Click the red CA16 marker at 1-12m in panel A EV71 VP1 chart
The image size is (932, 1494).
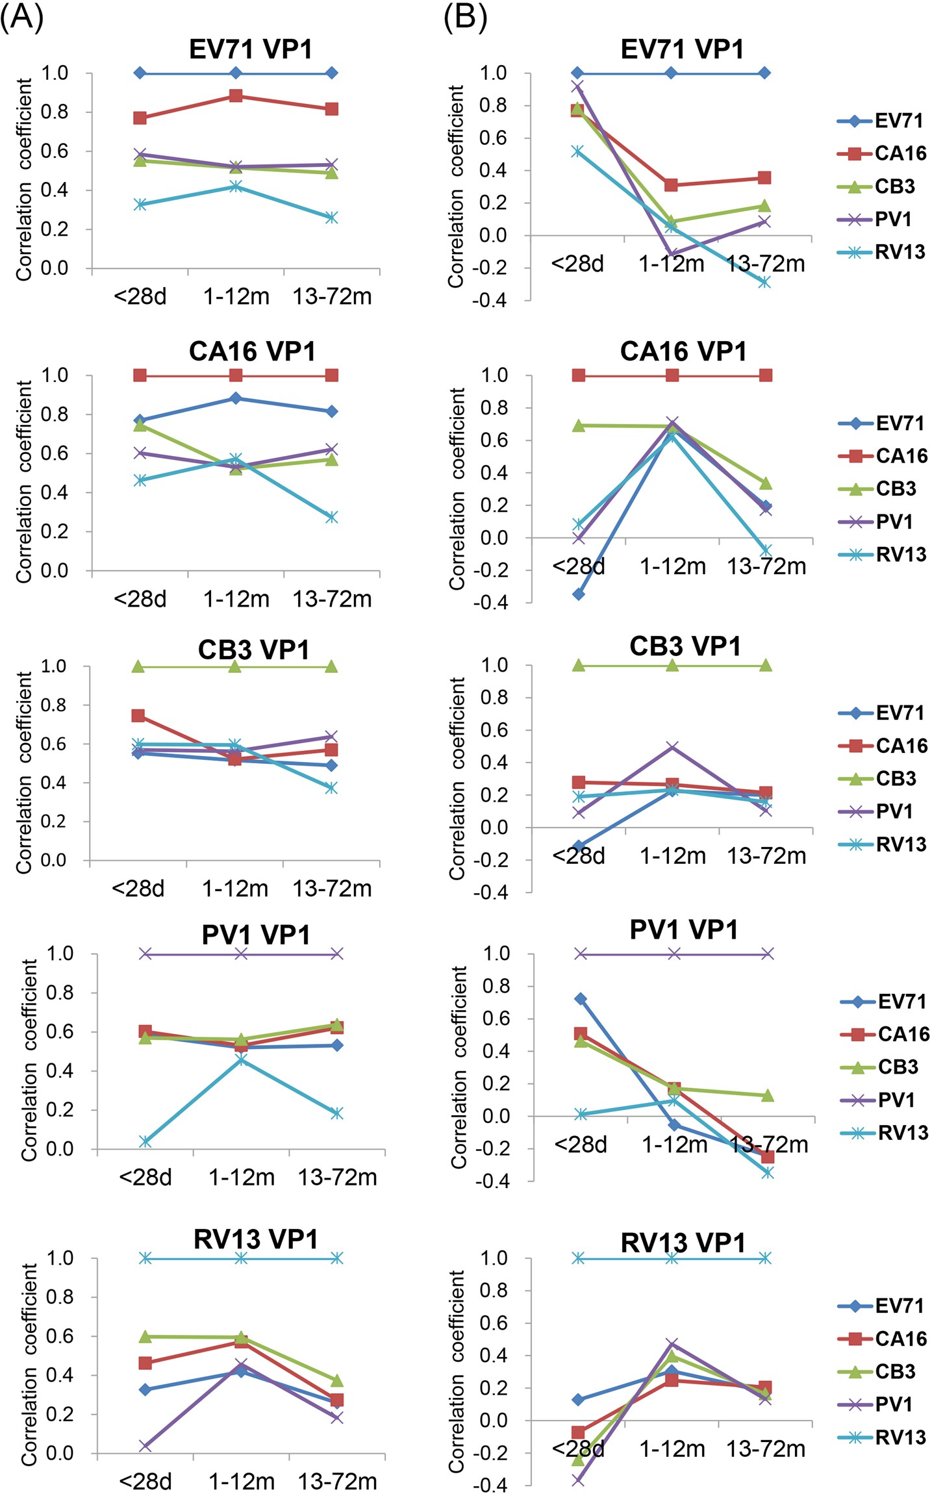pos(236,96)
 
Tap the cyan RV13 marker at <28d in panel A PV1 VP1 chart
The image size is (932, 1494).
pos(145,1141)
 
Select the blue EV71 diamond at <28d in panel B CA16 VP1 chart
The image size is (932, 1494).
pos(578,594)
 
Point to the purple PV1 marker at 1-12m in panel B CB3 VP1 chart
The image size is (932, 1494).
pos(672,747)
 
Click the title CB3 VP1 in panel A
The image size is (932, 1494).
pos(253,650)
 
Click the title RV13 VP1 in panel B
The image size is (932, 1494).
pos(683,1243)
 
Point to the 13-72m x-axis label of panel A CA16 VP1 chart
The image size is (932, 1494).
pos(332,598)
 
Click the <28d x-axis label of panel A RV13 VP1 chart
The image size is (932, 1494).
pos(145,1481)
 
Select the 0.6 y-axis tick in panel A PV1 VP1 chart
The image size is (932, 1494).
pos(59,1032)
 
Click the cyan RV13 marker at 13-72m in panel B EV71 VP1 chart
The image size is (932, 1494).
pos(765,282)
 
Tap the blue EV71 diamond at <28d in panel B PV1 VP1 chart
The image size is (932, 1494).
pos(580,998)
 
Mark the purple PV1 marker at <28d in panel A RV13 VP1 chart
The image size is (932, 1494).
pos(145,1446)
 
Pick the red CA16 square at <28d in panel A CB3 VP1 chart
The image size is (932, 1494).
pos(138,715)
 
